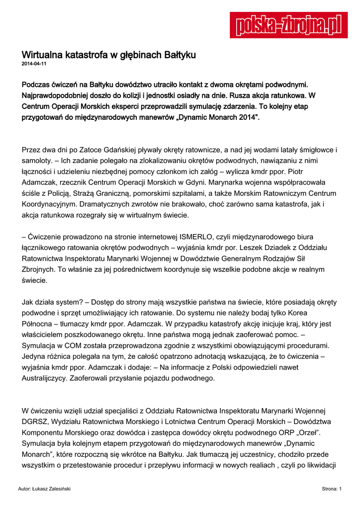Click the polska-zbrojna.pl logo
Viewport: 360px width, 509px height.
pyautogui.click(x=288, y=25)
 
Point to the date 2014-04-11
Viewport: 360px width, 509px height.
pyautogui.click(x=34, y=64)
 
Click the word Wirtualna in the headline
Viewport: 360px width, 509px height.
pyautogui.click(x=42, y=54)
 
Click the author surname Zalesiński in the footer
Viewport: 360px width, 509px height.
pyautogui.click(x=56, y=489)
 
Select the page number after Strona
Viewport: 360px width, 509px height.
pyautogui.click(x=340, y=489)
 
